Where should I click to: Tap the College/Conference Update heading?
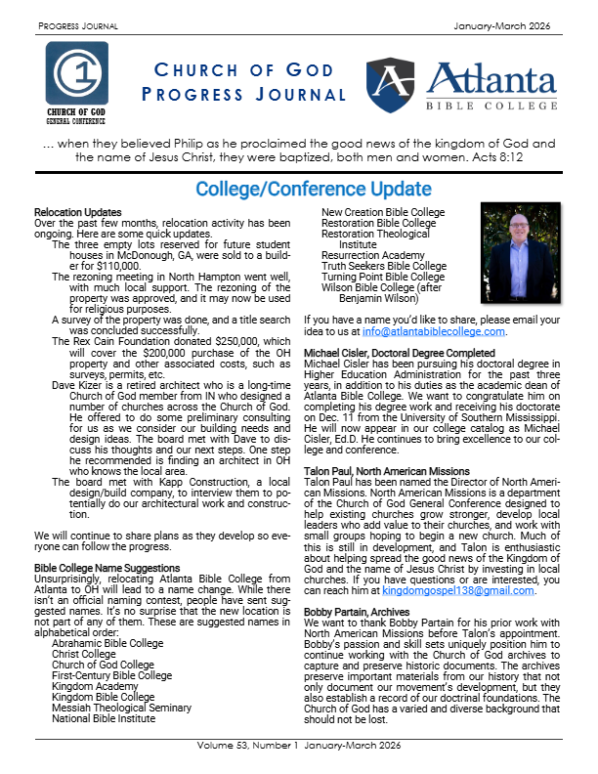point(299,189)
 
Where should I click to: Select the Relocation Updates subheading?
point(78,212)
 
